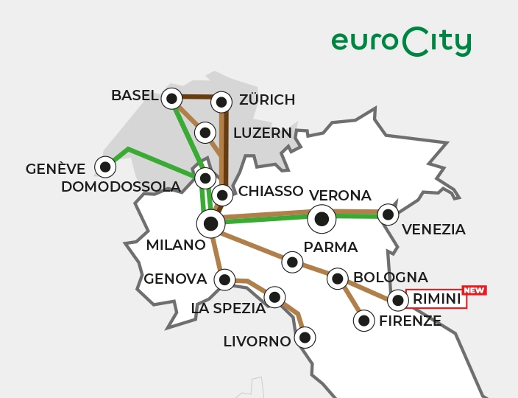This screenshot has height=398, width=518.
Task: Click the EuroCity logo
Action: pos(400,42)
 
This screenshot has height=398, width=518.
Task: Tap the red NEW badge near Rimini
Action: pos(474,290)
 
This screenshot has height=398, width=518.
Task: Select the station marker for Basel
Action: pos(171,98)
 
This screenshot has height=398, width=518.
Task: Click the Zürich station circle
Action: pos(221,102)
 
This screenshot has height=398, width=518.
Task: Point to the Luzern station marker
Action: pos(205,133)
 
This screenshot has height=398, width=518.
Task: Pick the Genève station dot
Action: pos(105,167)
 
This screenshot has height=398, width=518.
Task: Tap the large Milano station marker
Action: pos(210,223)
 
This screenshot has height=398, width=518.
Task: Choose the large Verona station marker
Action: pos(322,218)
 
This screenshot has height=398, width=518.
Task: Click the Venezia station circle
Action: pos(388,214)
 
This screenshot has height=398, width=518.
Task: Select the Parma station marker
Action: pos(292,262)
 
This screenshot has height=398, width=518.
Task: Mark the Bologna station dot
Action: pos(338,279)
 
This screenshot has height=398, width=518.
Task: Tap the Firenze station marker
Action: pos(363,321)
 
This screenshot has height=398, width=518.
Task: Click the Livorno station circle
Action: pos(305,338)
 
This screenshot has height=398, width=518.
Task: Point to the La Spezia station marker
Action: pos(274,297)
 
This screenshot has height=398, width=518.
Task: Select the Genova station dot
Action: pos(224,280)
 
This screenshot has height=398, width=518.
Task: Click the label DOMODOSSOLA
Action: pos(121,187)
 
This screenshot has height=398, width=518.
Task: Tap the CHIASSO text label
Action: pos(271,192)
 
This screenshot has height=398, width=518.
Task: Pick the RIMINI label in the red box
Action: pos(437,299)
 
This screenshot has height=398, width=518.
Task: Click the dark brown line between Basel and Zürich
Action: pos(196,97)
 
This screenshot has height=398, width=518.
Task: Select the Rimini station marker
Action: pos(398,300)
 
